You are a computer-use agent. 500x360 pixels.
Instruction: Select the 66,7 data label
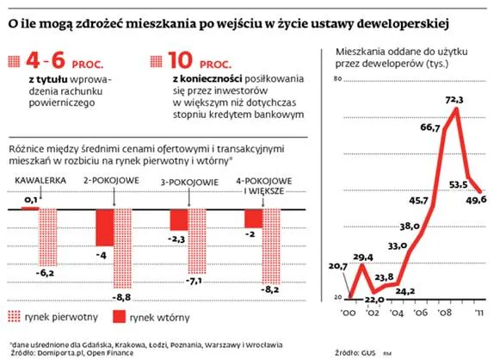pyautogui.click(x=429, y=127)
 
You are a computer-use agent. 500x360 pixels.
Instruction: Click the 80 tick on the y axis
pyautogui.click(x=337, y=79)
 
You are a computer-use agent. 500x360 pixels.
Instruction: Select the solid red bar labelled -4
pyautogui.click(x=103, y=228)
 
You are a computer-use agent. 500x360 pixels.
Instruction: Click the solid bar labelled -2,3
pyautogui.click(x=179, y=220)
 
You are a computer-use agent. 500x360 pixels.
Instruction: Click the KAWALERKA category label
pyautogui.click(x=34, y=179)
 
